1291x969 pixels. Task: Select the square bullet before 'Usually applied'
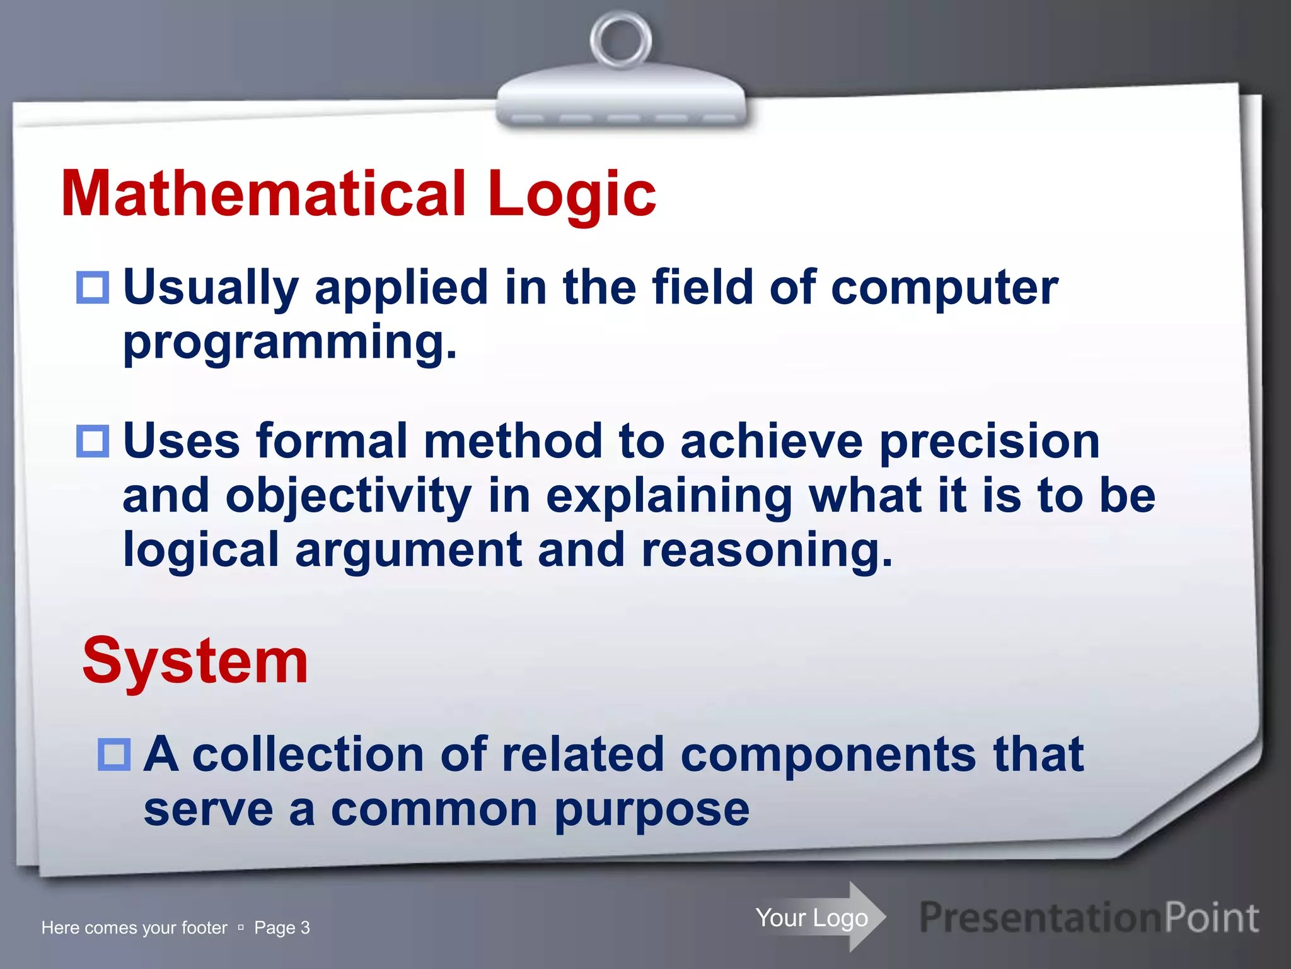tap(93, 288)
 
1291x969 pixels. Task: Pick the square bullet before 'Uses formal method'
tap(93, 441)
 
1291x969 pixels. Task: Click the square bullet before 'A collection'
tap(114, 755)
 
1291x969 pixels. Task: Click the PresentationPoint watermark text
tap(1089, 917)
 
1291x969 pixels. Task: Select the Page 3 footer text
tap(282, 928)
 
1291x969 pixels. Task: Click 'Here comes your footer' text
tap(134, 928)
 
